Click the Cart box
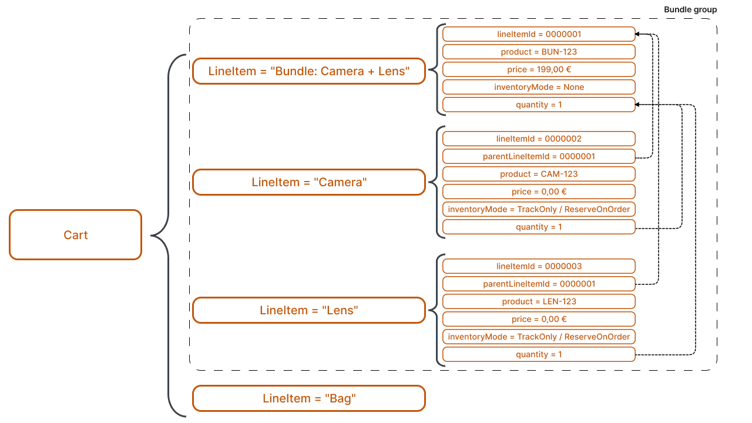click(x=75, y=235)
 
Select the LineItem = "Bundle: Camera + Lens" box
click(x=308, y=71)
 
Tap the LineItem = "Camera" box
click(x=308, y=182)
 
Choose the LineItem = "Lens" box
click(x=308, y=310)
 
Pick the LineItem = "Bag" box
click(x=308, y=398)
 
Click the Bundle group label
click(x=690, y=10)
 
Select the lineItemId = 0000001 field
click(x=538, y=34)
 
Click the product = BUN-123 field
click(x=538, y=52)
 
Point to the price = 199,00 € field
click(x=538, y=69)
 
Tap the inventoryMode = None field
click(x=538, y=87)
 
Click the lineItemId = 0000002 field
click(x=538, y=139)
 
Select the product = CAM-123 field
click(x=538, y=174)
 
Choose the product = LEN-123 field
click(x=538, y=301)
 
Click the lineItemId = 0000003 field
click(x=538, y=266)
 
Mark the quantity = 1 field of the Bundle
click(x=538, y=105)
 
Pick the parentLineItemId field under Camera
click(x=538, y=156)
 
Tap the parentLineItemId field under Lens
click(x=538, y=284)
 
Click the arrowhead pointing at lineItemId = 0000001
click(x=639, y=34)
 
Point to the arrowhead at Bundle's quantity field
click(x=639, y=105)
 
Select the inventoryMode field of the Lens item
click(x=538, y=337)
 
